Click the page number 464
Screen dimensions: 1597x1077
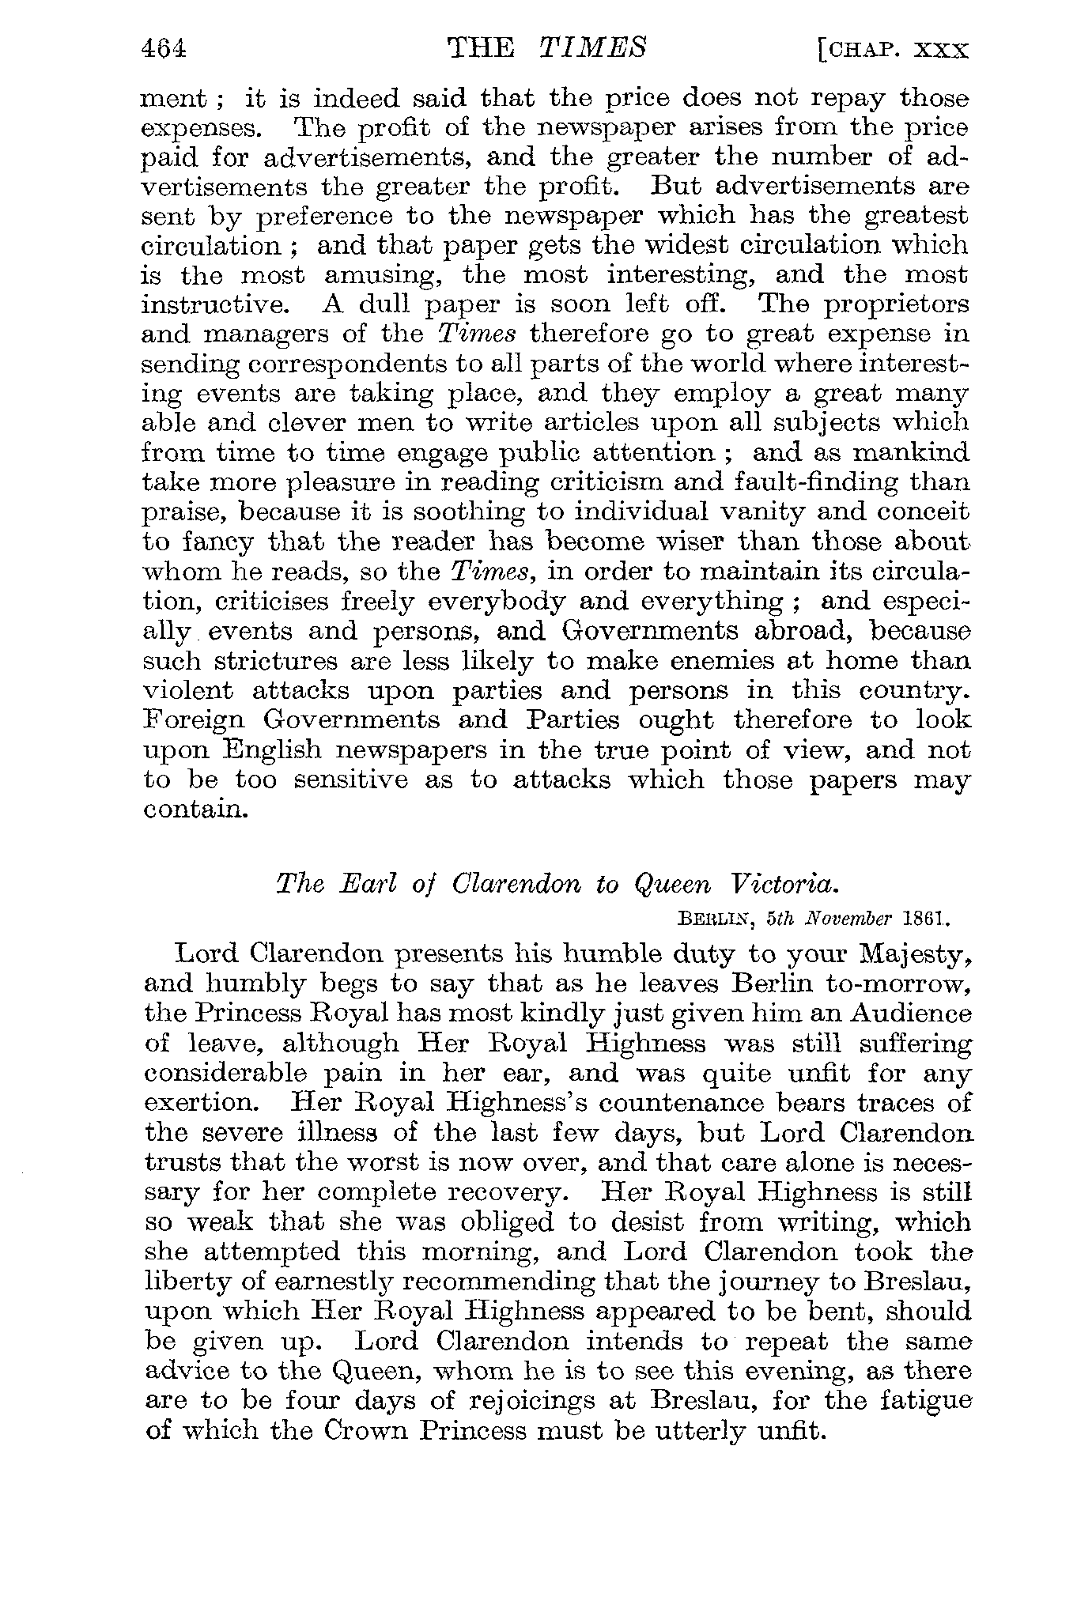(163, 49)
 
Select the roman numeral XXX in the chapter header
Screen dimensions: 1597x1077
(940, 51)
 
